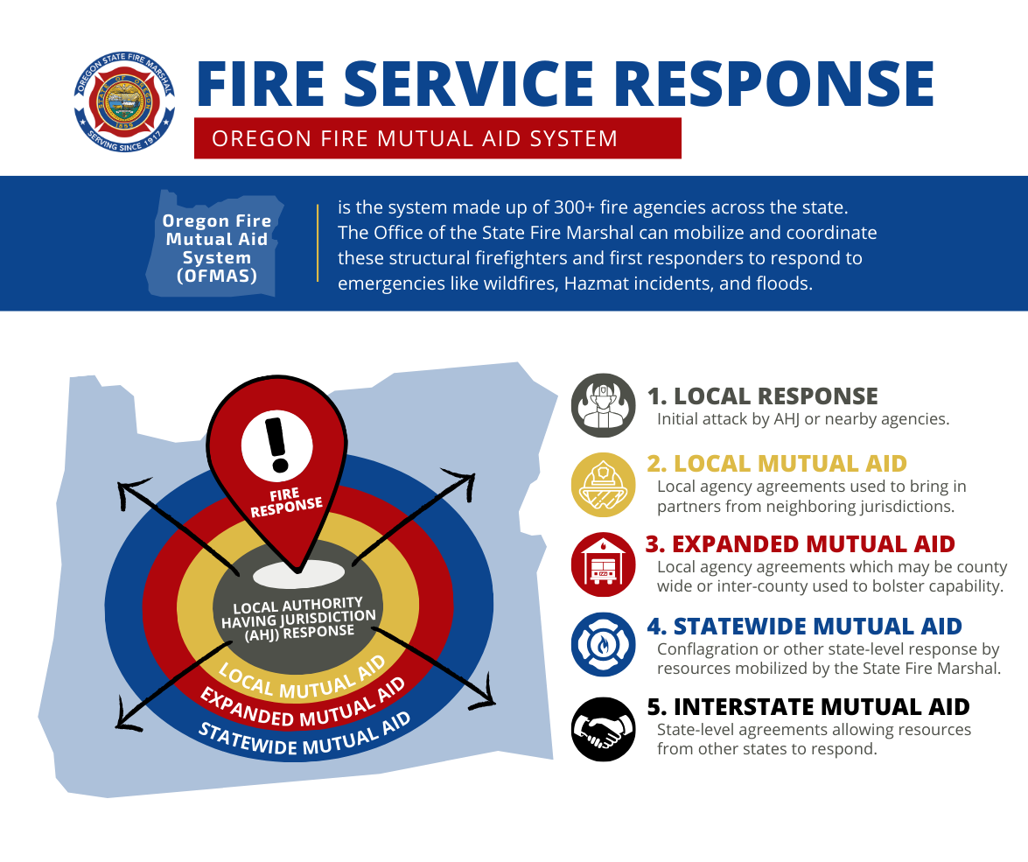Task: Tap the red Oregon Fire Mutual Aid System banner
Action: click(x=437, y=138)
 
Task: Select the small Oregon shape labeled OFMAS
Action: click(x=216, y=242)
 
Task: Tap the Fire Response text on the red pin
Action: click(x=286, y=504)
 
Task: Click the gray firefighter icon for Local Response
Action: click(x=603, y=405)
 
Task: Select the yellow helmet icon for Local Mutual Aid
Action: click(x=603, y=485)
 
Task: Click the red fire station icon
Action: click(x=603, y=564)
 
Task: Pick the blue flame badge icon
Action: click(x=603, y=644)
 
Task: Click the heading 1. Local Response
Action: click(x=762, y=396)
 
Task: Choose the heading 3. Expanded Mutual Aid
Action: click(x=800, y=543)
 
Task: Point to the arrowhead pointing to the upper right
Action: click(x=465, y=480)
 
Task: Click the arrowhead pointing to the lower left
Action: click(x=125, y=721)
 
